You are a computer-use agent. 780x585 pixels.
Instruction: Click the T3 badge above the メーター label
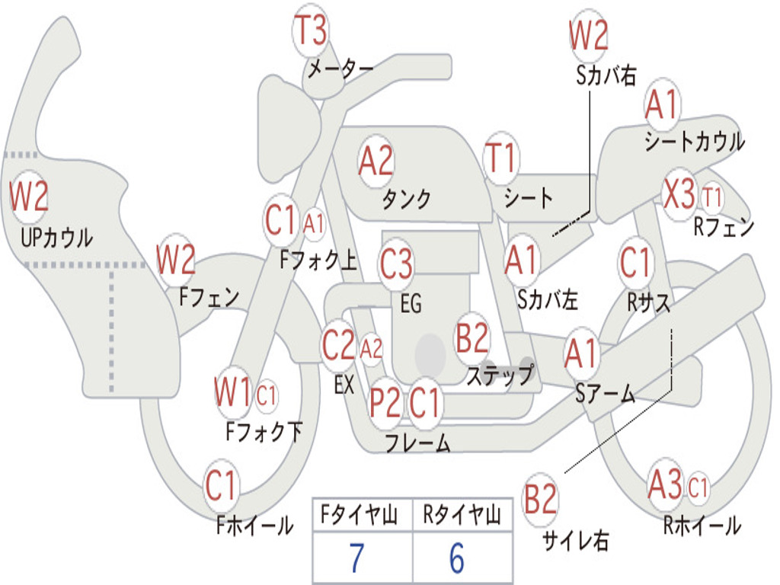coord(310,30)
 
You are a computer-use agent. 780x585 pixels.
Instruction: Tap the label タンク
coord(406,199)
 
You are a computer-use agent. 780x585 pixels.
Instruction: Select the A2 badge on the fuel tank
coord(376,161)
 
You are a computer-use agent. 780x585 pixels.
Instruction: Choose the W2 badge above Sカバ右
coord(589,36)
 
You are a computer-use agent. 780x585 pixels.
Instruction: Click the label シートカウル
coord(694,142)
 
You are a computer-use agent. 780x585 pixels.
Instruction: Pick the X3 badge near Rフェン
coord(679,195)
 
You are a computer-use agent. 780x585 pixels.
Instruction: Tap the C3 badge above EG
coord(396,264)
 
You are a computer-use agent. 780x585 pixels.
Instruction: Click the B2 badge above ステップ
coord(472,337)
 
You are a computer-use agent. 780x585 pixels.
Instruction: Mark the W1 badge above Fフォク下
coord(232,394)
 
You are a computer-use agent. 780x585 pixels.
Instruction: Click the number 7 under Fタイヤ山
coord(356,559)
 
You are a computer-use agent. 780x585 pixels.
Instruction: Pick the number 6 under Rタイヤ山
coord(456,559)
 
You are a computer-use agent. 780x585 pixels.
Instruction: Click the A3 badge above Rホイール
coord(664,485)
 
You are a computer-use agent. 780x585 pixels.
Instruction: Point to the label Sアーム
coord(606,393)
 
